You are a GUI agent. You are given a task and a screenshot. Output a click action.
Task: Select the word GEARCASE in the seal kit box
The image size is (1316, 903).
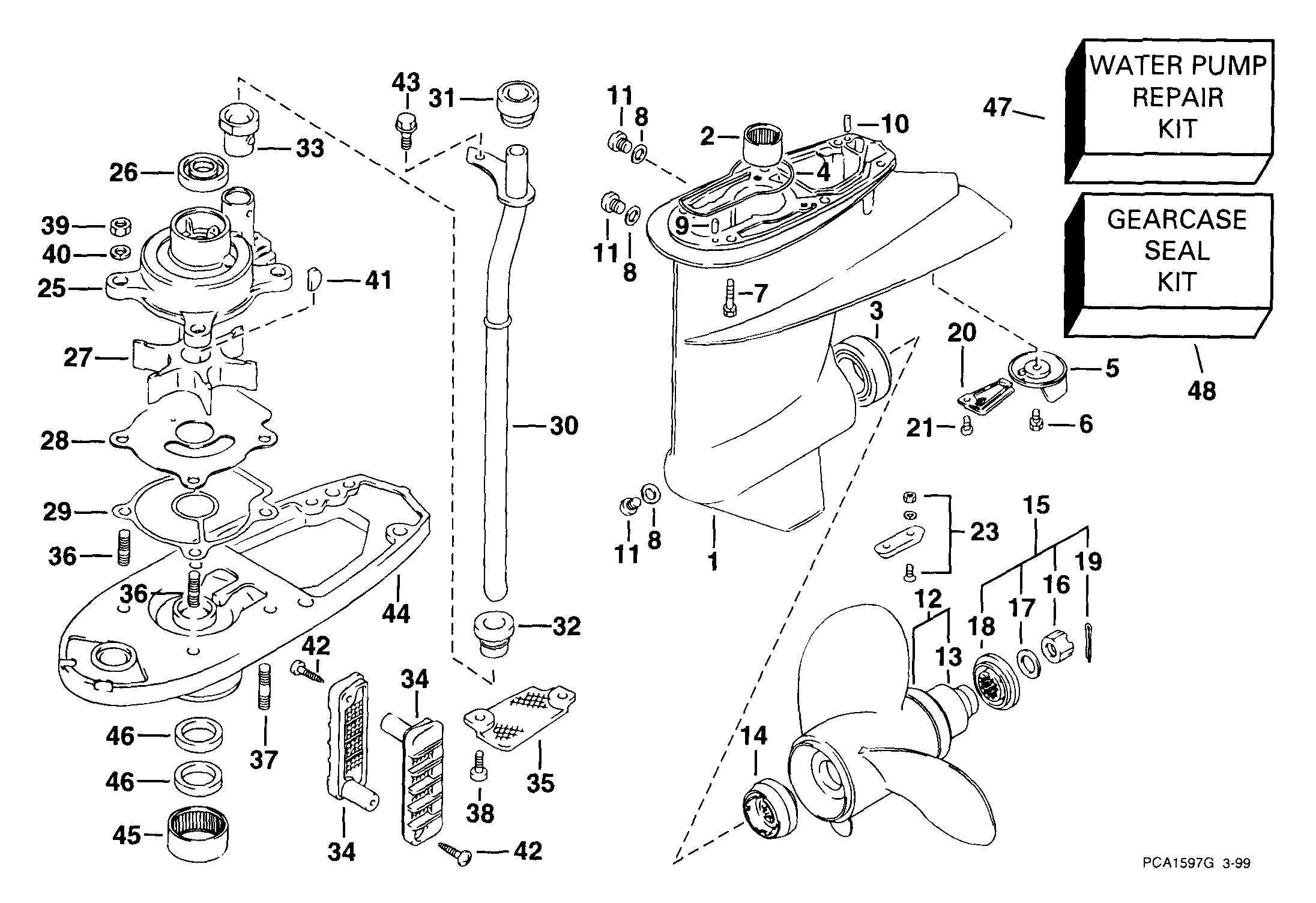[x=1177, y=220]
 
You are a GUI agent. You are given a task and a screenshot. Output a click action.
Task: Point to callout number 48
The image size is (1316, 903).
[x=1201, y=391]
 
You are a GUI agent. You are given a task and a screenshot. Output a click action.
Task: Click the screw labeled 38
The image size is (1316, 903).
[x=478, y=766]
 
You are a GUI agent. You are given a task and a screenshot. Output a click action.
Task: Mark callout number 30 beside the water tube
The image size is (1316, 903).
[x=564, y=426]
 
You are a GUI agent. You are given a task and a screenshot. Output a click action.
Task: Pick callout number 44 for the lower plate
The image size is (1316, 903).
[x=396, y=614]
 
